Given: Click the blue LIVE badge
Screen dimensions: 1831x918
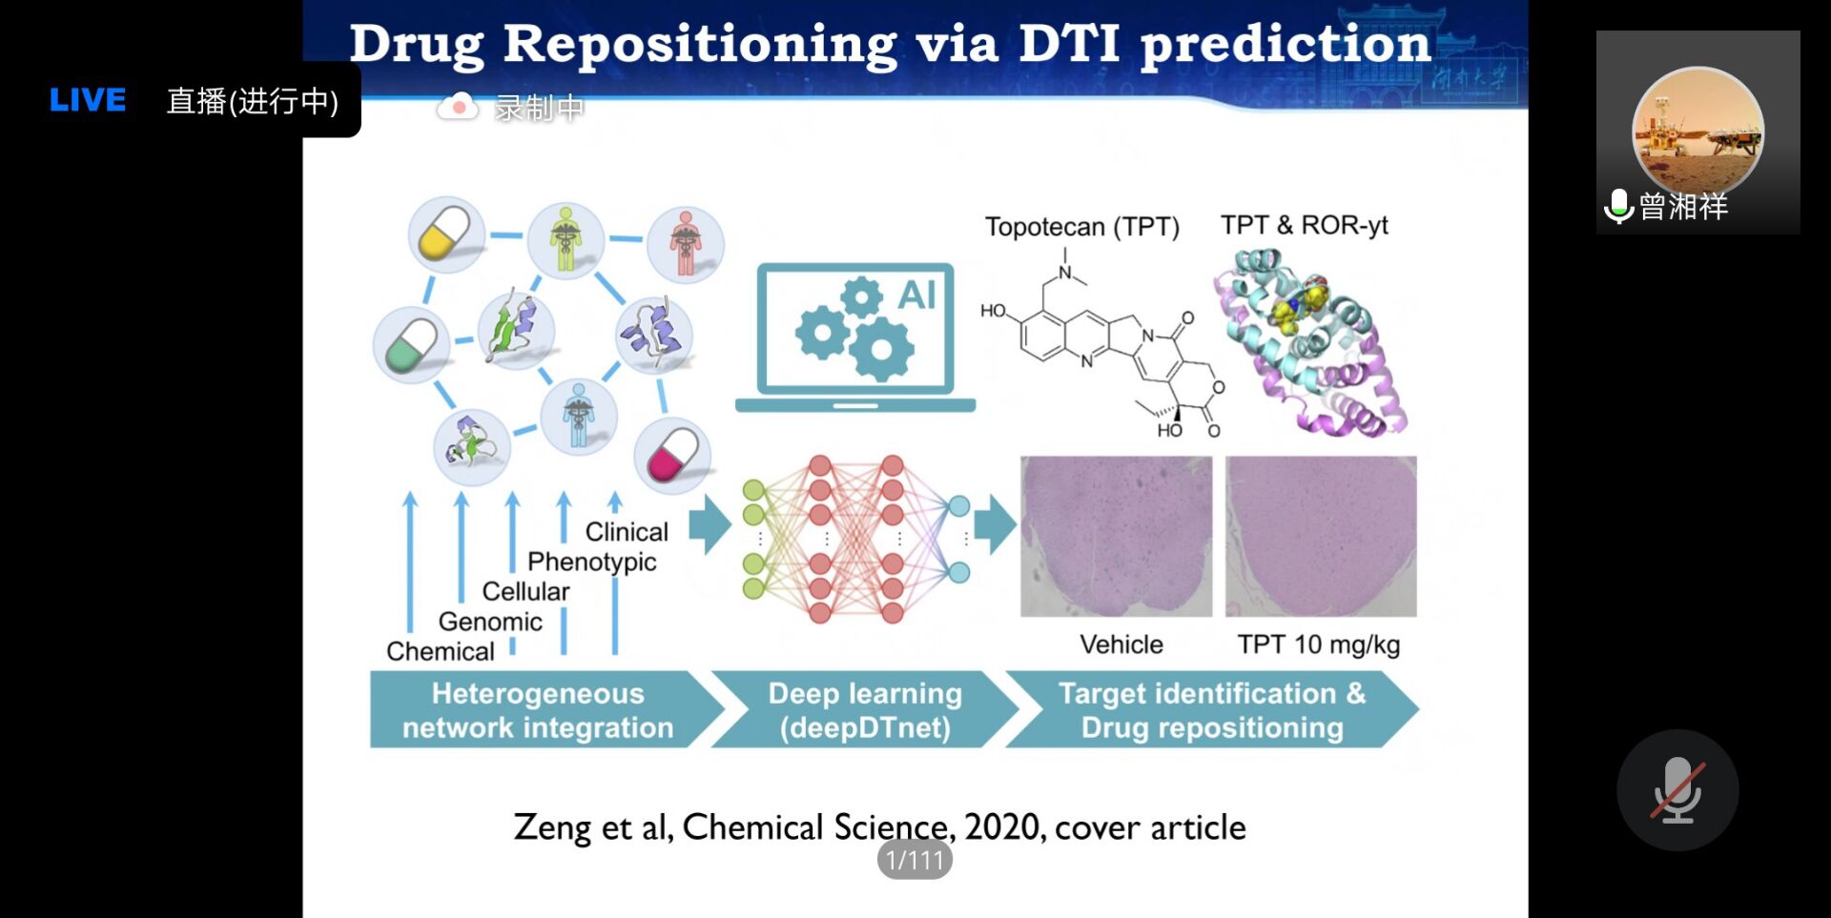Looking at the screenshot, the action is coord(88,100).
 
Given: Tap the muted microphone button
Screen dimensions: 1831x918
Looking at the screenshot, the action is coord(1677,790).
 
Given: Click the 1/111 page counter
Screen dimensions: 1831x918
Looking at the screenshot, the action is coord(915,860).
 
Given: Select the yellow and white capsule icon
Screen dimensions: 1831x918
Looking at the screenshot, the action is coord(445,235).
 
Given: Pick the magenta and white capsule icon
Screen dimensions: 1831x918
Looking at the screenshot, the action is coord(672,455).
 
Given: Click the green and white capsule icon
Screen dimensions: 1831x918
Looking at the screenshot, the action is coord(411,345).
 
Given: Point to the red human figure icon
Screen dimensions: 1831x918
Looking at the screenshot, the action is coord(685,244).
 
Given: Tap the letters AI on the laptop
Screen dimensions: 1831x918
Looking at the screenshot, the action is coord(916,296).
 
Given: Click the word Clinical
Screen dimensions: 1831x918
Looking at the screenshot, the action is coord(627,532).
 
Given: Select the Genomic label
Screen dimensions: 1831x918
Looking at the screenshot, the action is coord(490,622).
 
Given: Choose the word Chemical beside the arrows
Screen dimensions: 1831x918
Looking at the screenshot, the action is coord(441,651).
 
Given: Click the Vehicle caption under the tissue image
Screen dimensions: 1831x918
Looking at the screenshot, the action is coord(1121,644).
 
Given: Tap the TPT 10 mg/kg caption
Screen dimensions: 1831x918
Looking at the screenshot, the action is coord(1319,644).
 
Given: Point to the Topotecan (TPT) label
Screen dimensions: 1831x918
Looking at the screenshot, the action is coord(1082,227).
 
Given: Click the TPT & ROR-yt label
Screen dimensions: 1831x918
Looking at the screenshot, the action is coord(1304,225).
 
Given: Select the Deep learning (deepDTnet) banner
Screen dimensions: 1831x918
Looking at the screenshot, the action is coord(865,710).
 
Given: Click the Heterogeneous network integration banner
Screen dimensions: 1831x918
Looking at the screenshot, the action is coord(538,710).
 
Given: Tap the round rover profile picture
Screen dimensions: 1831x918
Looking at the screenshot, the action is coord(1697,132).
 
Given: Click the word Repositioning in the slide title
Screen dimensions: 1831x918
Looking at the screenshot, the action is coord(700,44).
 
